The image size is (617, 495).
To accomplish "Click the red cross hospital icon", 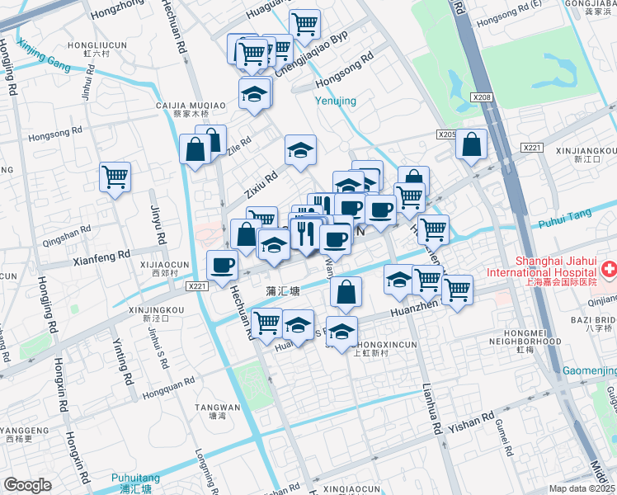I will [x=609, y=269].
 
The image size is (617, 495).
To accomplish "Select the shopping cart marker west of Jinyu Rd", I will [x=115, y=176].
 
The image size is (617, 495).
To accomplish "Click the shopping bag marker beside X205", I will [x=471, y=145].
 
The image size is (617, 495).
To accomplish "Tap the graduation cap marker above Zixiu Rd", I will [x=300, y=150].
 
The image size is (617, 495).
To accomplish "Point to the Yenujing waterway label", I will [x=336, y=101].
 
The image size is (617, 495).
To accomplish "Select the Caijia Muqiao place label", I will [x=191, y=106].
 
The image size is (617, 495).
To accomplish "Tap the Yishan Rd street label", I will [x=473, y=420].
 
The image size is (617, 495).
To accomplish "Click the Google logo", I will [x=27, y=485].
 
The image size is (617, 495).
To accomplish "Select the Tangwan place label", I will [x=217, y=408].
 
